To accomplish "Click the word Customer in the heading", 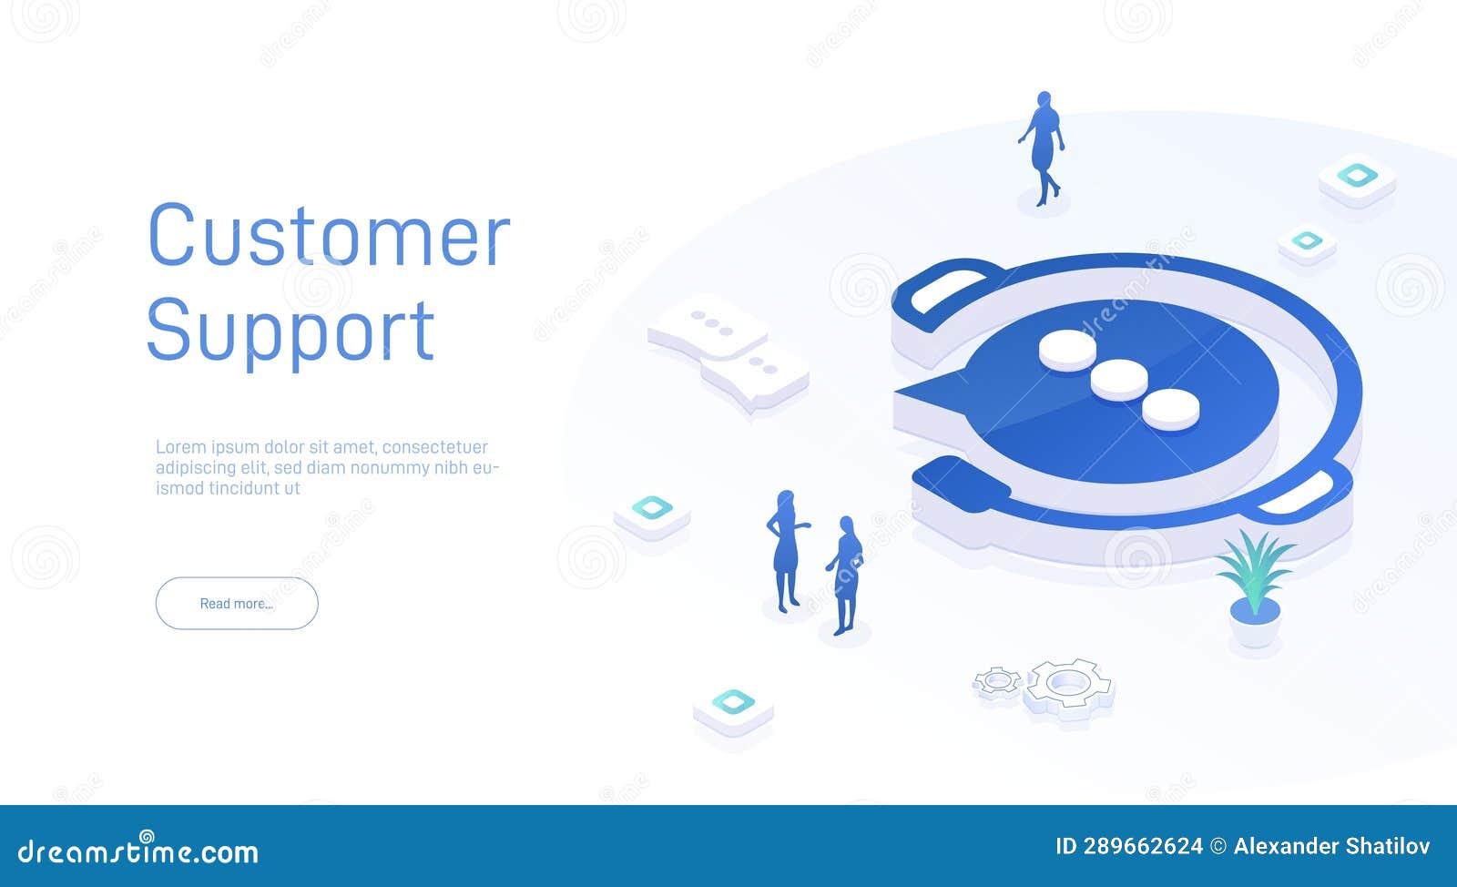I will tap(328, 237).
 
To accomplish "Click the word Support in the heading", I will tap(290, 331).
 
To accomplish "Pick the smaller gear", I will tap(998, 680).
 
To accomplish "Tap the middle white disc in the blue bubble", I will tap(1119, 379).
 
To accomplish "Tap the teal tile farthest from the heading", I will tap(1357, 178).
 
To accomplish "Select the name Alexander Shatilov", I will tap(1331, 846).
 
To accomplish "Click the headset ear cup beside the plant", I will tap(1311, 492).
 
